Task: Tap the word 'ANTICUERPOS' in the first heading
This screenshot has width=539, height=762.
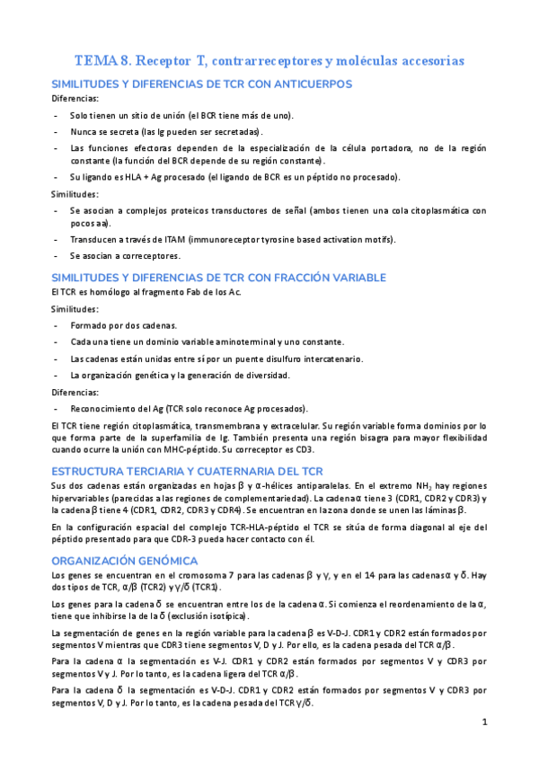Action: [303, 84]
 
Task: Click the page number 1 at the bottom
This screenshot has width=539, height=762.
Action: [484, 722]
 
